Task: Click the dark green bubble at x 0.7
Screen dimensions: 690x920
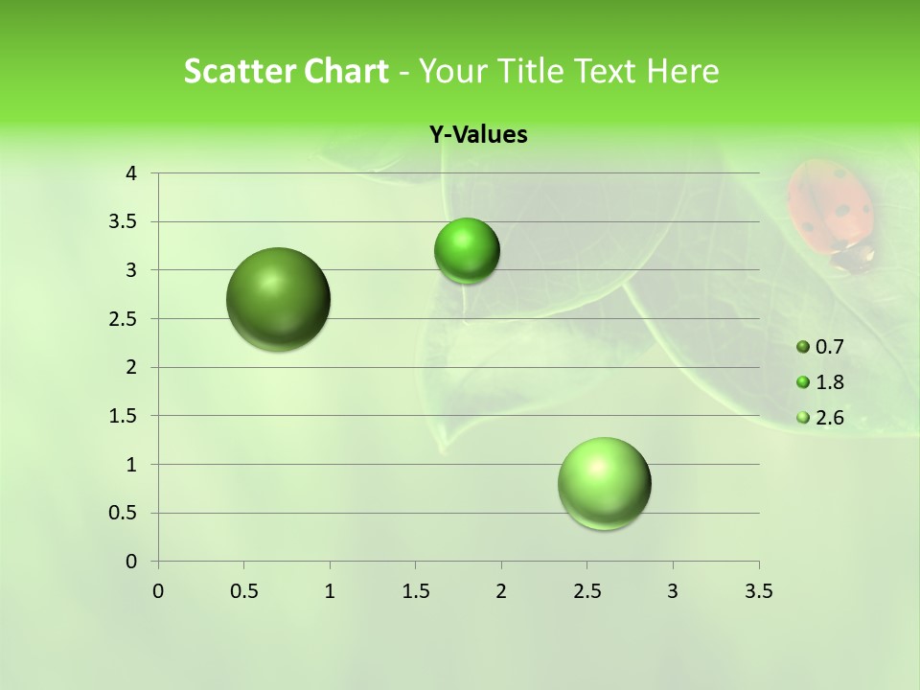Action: pyautogui.click(x=279, y=299)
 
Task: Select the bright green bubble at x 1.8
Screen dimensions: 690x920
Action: pyautogui.click(x=467, y=251)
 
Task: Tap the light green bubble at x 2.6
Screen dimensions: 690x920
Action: pyautogui.click(x=605, y=483)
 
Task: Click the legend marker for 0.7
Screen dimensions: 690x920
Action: pyautogui.click(x=803, y=347)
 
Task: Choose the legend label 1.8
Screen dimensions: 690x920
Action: pyautogui.click(x=829, y=382)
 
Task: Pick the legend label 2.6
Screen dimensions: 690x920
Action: pyautogui.click(x=829, y=418)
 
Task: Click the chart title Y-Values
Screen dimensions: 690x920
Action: pyautogui.click(x=478, y=135)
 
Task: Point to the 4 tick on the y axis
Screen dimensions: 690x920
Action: pyautogui.click(x=131, y=173)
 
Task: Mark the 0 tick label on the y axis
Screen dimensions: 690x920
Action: pyautogui.click(x=131, y=562)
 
